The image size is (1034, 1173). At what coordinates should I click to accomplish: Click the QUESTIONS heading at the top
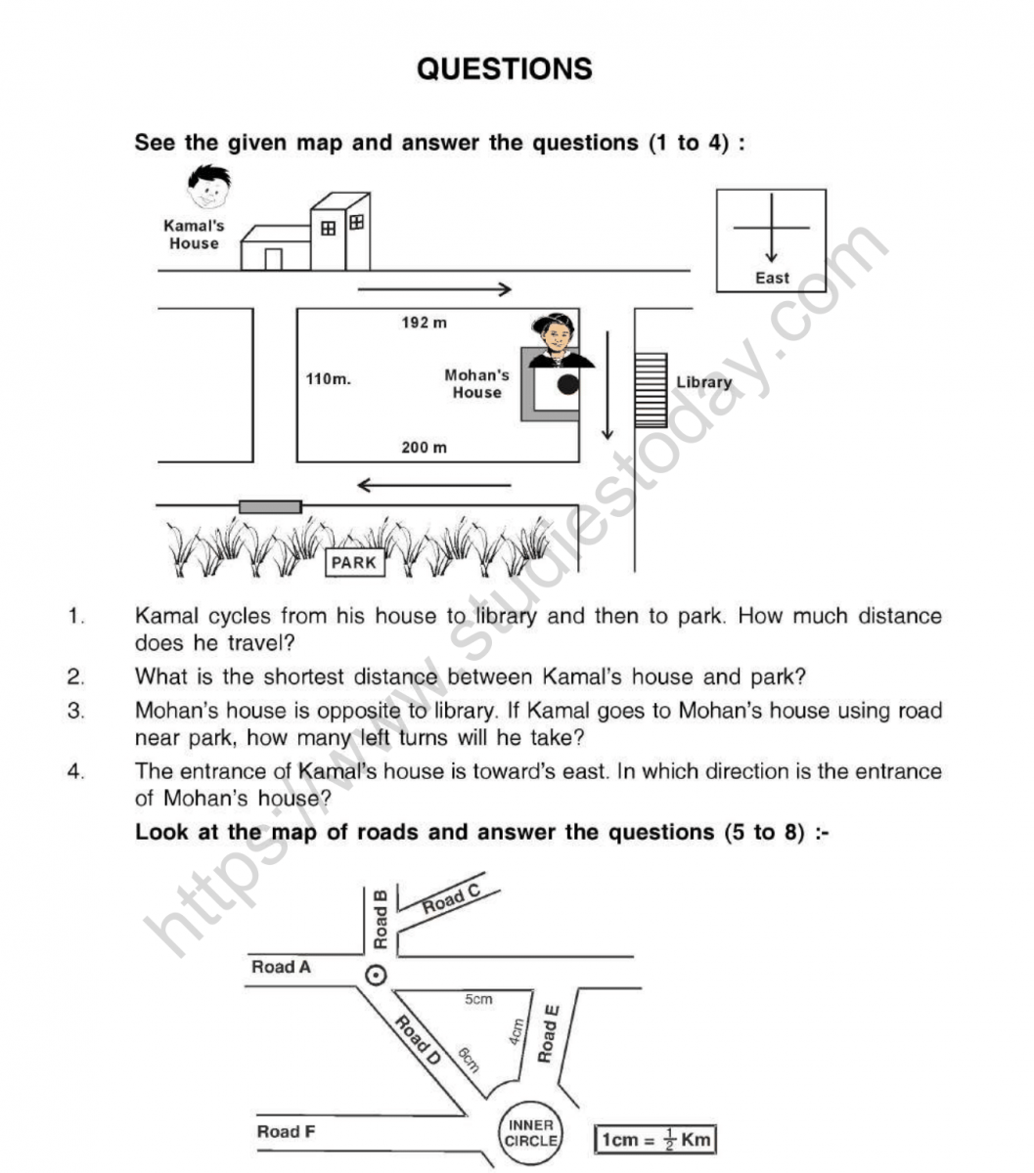coord(504,69)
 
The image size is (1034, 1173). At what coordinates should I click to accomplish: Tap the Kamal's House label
coord(194,235)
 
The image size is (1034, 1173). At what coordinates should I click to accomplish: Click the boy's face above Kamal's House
coord(208,188)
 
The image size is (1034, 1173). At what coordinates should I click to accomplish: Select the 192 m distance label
coord(424,323)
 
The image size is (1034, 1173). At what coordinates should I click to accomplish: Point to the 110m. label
coord(328,379)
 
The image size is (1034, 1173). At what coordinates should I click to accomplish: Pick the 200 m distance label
coord(424,448)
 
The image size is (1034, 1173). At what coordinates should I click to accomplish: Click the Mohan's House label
coord(476,383)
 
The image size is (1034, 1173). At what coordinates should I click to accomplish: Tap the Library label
coord(703,382)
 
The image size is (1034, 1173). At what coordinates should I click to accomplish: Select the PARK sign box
coord(353,563)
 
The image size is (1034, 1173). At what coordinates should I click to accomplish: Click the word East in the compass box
coord(771,279)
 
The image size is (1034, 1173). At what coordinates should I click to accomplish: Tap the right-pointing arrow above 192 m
coord(434,288)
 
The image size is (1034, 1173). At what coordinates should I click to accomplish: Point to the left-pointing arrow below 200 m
coord(433,485)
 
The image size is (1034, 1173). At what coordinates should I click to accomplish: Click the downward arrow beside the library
coord(607,385)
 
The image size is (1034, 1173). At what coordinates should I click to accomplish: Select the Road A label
coord(281,968)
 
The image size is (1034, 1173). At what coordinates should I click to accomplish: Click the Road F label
coord(286,1132)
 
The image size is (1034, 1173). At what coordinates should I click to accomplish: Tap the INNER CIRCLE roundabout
coord(531,1134)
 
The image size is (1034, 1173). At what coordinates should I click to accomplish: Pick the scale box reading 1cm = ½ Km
coord(654,1140)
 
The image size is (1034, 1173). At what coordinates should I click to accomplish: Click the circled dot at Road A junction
coord(375,975)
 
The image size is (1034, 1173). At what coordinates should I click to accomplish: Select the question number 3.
coord(75,712)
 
